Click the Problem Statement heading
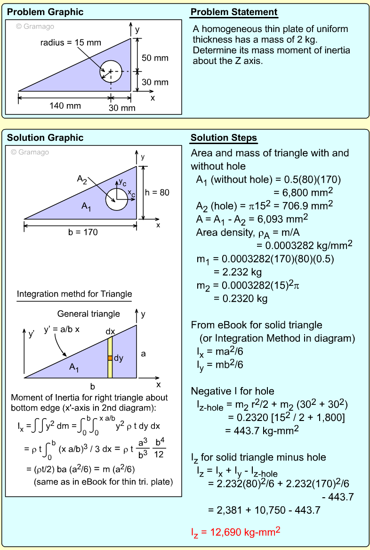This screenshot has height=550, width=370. pos(233,12)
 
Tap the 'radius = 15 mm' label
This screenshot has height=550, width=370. pos(71,43)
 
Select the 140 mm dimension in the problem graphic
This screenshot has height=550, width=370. pos(65,105)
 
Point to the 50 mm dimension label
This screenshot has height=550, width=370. pos(155,58)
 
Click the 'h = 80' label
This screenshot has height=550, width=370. pos(157,192)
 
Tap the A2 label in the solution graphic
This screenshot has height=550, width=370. pos(82,179)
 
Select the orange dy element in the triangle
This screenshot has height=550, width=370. pos(110,358)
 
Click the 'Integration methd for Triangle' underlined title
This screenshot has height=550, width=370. pos(74,294)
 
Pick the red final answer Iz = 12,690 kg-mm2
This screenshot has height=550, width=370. pos(236,533)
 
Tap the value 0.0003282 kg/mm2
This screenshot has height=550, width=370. pos(304,245)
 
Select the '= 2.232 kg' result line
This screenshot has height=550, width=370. pos(237,272)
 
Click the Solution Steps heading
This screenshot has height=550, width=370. pos(224,138)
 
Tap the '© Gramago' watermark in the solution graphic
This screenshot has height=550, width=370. pos(30,152)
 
